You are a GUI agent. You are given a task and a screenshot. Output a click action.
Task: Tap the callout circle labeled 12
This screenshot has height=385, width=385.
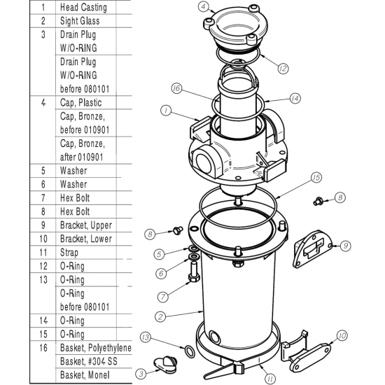coord(283,69)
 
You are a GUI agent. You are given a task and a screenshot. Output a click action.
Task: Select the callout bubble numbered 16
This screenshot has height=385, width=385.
coord(176,88)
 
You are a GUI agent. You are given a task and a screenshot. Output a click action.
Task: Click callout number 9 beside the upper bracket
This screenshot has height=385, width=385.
coord(345,246)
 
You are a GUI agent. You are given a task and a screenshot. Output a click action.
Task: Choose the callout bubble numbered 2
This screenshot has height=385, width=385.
coord(160,317)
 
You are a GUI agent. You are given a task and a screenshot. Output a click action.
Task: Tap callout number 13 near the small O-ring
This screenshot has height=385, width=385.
coord(145,337)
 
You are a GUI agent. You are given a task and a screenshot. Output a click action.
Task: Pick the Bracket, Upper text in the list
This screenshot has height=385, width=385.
coord(85,225)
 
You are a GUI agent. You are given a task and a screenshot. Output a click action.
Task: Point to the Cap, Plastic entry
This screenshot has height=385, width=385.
coord(80,103)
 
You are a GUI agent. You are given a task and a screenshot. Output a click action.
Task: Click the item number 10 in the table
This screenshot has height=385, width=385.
coord(43,239)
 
